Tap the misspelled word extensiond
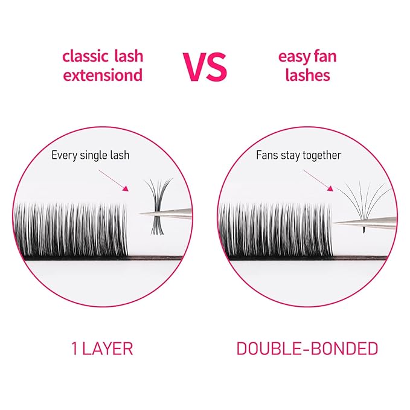103,75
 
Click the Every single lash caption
90,155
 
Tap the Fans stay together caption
298,155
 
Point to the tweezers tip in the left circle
143,213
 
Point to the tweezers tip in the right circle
336,223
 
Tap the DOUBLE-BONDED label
307,348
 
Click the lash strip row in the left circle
72,232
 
